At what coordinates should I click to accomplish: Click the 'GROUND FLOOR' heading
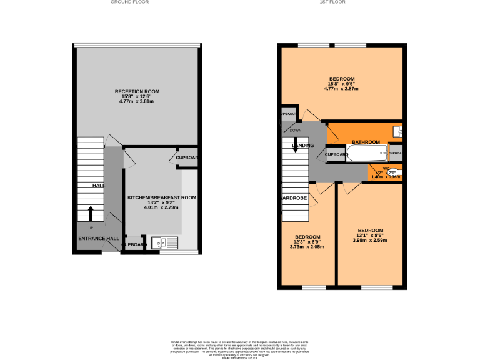[x=129, y=2]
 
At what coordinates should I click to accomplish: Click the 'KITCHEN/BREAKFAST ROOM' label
[x=162, y=197]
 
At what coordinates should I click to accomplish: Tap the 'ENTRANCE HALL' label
[x=98, y=239]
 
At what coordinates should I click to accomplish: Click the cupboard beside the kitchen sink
[x=134, y=244]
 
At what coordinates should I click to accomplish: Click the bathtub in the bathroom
[x=357, y=152]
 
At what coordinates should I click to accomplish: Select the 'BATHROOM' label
[x=366, y=142]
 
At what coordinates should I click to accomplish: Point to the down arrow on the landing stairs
[x=296, y=149]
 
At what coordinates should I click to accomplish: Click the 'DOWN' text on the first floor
[x=296, y=130]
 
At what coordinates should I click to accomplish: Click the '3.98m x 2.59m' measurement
[x=370, y=241]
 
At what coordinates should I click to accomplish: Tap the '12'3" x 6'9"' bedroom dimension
[x=307, y=242]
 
